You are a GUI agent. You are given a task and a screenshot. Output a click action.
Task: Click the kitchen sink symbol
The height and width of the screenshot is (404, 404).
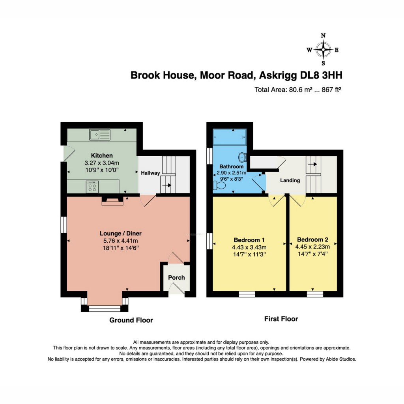pyautogui.click(x=100, y=135)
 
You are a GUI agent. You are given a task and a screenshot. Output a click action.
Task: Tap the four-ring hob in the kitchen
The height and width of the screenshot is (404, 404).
pyautogui.click(x=93, y=187)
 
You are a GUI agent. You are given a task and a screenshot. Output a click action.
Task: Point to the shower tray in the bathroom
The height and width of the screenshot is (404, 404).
pyautogui.click(x=229, y=138)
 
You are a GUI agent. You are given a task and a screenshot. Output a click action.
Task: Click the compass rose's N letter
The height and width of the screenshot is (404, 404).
pyautogui.click(x=324, y=36)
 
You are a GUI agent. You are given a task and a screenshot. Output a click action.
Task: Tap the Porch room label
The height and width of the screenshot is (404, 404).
pyautogui.click(x=176, y=277)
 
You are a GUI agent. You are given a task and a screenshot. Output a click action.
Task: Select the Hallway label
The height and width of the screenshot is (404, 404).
pyautogui.click(x=150, y=173)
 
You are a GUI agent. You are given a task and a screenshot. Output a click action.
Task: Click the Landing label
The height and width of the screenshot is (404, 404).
pyautogui.click(x=290, y=181)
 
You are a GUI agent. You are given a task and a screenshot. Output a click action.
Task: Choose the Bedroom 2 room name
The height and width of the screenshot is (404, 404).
pyautogui.click(x=312, y=239)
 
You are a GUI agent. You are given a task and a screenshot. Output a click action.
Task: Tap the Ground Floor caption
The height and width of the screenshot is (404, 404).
pyautogui.click(x=131, y=320)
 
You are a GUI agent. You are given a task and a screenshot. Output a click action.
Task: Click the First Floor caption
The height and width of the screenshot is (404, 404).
pyautogui.click(x=281, y=319)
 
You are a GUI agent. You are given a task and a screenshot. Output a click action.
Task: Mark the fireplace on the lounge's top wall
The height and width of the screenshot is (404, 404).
pyautogui.click(x=112, y=201)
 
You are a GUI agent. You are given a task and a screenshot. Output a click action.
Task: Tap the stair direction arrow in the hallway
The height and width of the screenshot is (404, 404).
pyautogui.click(x=167, y=185)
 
